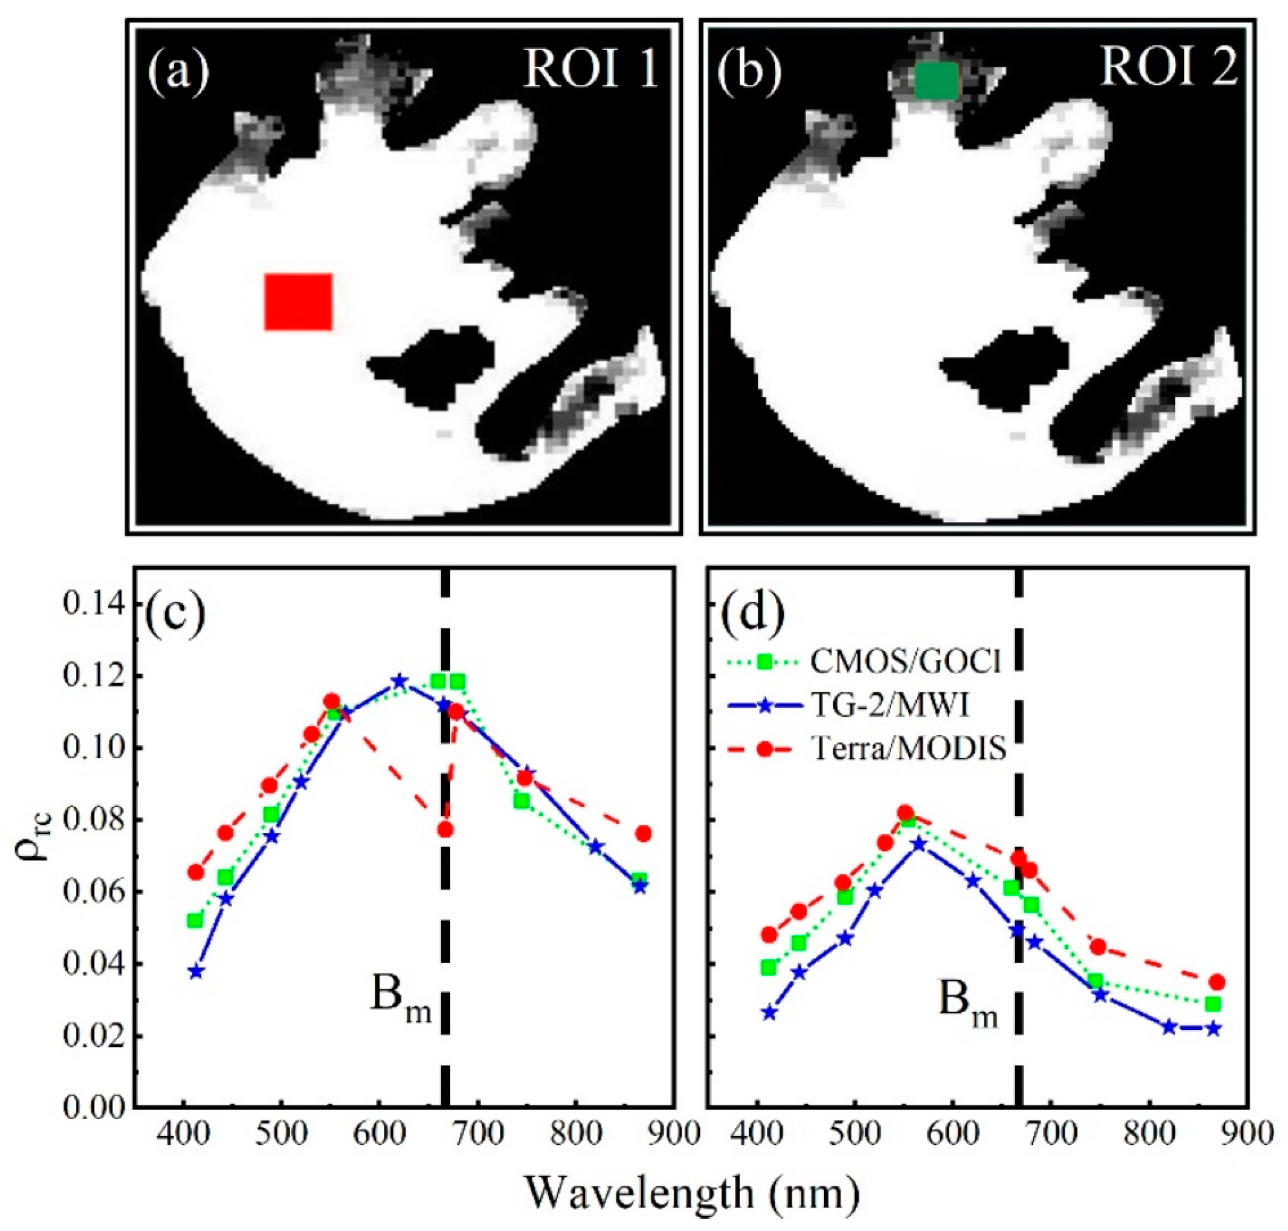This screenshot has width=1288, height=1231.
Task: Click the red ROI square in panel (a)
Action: pyautogui.click(x=298, y=302)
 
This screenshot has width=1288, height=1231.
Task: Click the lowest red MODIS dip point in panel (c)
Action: pyautogui.click(x=446, y=830)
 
